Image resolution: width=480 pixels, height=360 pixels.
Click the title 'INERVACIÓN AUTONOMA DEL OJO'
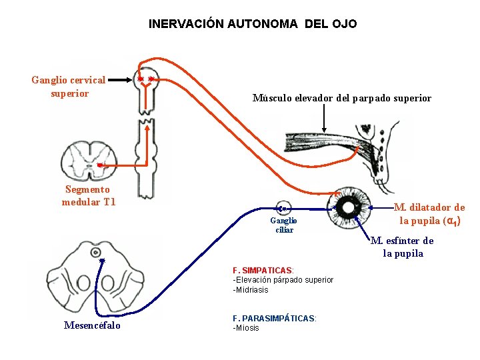(x=253, y=24)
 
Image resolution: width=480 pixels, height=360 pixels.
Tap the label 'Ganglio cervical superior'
(x=69, y=87)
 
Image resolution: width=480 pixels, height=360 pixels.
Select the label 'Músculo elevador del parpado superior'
(x=341, y=98)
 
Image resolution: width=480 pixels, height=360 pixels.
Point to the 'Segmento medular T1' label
(x=89, y=195)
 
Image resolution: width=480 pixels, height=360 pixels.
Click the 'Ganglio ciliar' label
(x=283, y=225)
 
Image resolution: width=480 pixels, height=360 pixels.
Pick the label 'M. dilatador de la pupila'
(x=429, y=214)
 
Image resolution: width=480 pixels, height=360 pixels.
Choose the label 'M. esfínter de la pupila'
(x=402, y=247)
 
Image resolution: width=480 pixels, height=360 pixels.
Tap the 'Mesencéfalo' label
(x=92, y=325)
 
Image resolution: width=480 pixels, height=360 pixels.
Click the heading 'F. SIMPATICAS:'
(x=263, y=270)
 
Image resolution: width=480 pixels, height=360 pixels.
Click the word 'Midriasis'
(x=251, y=290)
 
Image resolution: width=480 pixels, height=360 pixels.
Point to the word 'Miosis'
(x=247, y=328)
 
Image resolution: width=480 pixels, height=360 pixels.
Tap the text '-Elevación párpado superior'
(x=283, y=280)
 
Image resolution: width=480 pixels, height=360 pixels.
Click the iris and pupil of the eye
(x=353, y=203)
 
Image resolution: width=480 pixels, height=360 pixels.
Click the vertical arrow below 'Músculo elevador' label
(x=324, y=120)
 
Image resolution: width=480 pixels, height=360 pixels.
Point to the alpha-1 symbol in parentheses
(x=451, y=221)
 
